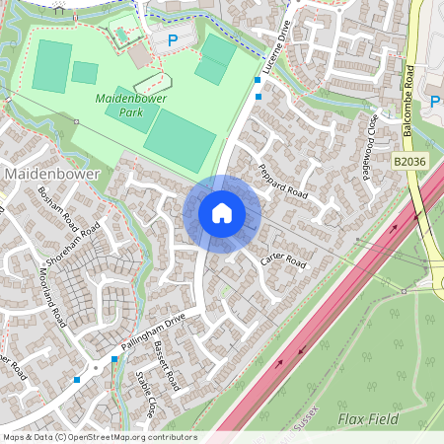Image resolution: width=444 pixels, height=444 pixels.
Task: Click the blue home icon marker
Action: point(221,212)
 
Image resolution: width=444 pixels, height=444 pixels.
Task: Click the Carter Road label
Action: point(284,259)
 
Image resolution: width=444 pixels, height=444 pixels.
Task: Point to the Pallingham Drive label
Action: point(153,333)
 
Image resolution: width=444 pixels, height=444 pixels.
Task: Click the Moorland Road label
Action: point(52,292)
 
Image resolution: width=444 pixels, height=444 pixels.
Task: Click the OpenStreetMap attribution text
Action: point(99,437)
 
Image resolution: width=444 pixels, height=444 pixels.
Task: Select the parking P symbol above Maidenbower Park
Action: point(173,40)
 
